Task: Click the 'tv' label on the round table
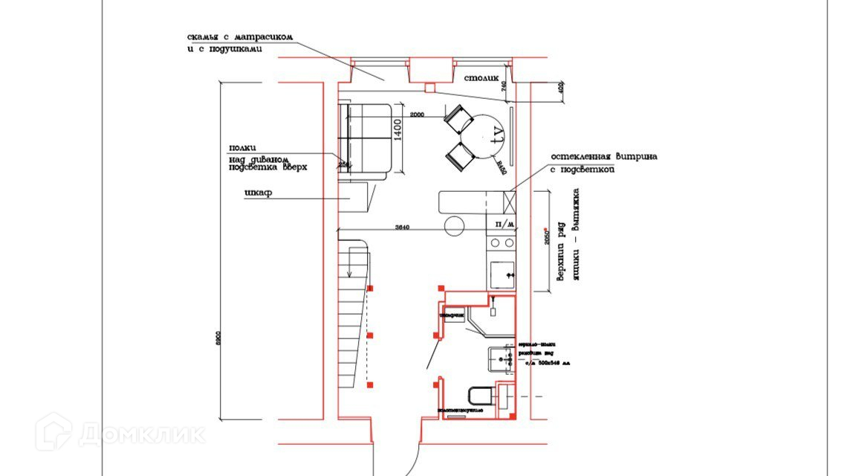[499, 135]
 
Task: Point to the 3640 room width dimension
[402, 227]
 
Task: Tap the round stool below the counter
[454, 224]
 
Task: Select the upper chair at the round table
[458, 118]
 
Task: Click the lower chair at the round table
[460, 156]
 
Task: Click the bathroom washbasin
[500, 358]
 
